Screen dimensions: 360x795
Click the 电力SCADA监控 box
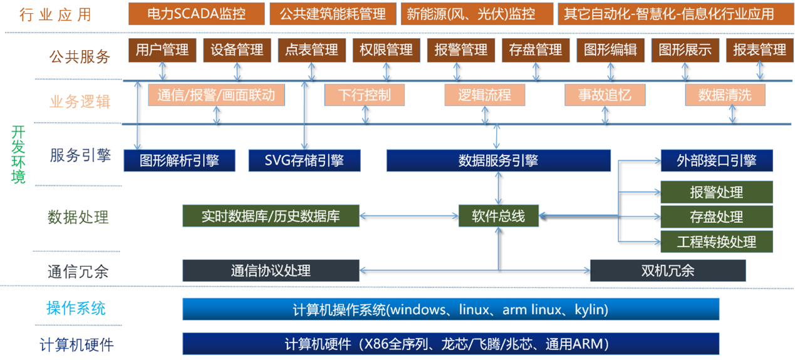pyautogui.click(x=196, y=14)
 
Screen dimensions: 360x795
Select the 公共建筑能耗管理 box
pyautogui.click(x=333, y=14)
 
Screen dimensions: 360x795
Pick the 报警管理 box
pyautogui.click(x=461, y=50)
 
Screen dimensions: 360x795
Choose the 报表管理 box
pyautogui.click(x=759, y=50)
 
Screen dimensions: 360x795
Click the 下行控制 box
pyautogui.click(x=364, y=95)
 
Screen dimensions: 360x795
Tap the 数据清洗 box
pyautogui.click(x=725, y=95)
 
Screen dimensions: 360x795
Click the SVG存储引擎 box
pyautogui.click(x=304, y=160)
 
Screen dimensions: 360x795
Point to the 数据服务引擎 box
pyautogui.click(x=498, y=160)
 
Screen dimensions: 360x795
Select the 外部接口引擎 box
pyautogui.click(x=717, y=160)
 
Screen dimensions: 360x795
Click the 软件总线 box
pyautogui.click(x=498, y=216)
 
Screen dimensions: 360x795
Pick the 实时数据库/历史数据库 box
pyautogui.click(x=271, y=216)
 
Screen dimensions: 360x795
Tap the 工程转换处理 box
pyautogui.click(x=717, y=241)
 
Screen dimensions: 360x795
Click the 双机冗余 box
pyautogui.click(x=667, y=270)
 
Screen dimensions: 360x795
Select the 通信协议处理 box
pyautogui.click(x=271, y=270)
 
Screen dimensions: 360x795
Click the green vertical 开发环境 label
pyautogui.click(x=18, y=154)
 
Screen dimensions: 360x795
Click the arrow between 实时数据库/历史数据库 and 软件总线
pyautogui.click(x=409, y=216)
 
